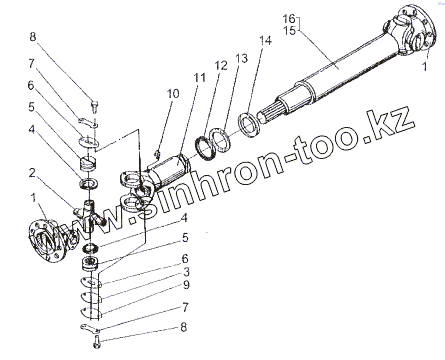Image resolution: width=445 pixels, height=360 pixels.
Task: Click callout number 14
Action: (x=266, y=41)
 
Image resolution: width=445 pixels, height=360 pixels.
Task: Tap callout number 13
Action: (x=242, y=58)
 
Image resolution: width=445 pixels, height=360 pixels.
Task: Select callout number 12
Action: (x=221, y=65)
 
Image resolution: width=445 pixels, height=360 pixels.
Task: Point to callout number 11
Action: (x=200, y=78)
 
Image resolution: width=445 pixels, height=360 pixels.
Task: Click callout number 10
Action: (x=173, y=94)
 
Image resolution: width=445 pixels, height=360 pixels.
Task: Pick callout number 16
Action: (x=289, y=19)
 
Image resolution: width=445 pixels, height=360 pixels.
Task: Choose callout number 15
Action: (x=289, y=31)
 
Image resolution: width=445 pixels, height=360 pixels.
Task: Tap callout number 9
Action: (x=186, y=285)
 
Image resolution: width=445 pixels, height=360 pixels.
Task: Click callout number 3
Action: (x=186, y=272)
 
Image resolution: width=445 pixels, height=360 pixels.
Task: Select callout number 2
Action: (x=32, y=173)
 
